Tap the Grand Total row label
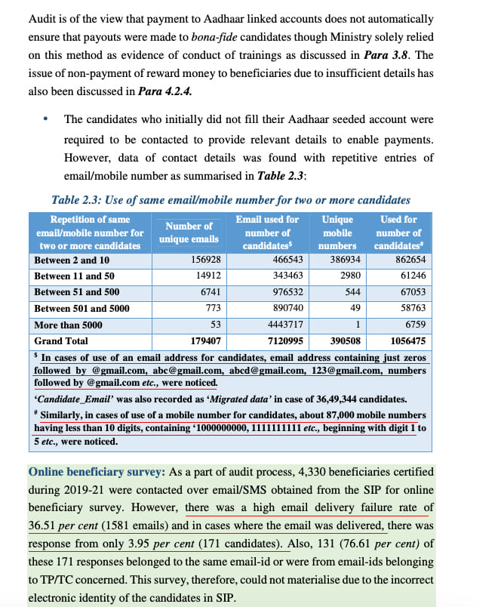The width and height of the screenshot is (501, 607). point(61,341)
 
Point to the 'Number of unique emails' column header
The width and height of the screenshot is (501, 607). point(188,233)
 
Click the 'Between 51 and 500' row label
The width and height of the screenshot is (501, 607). point(76,292)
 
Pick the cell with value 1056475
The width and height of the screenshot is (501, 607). point(407,341)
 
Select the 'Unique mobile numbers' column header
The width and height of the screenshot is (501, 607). point(337,233)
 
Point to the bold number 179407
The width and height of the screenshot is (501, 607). point(204,341)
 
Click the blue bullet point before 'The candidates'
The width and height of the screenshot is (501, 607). point(46,119)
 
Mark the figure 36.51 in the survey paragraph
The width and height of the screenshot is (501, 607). point(43,525)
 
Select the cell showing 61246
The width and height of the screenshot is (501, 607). point(409,276)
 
